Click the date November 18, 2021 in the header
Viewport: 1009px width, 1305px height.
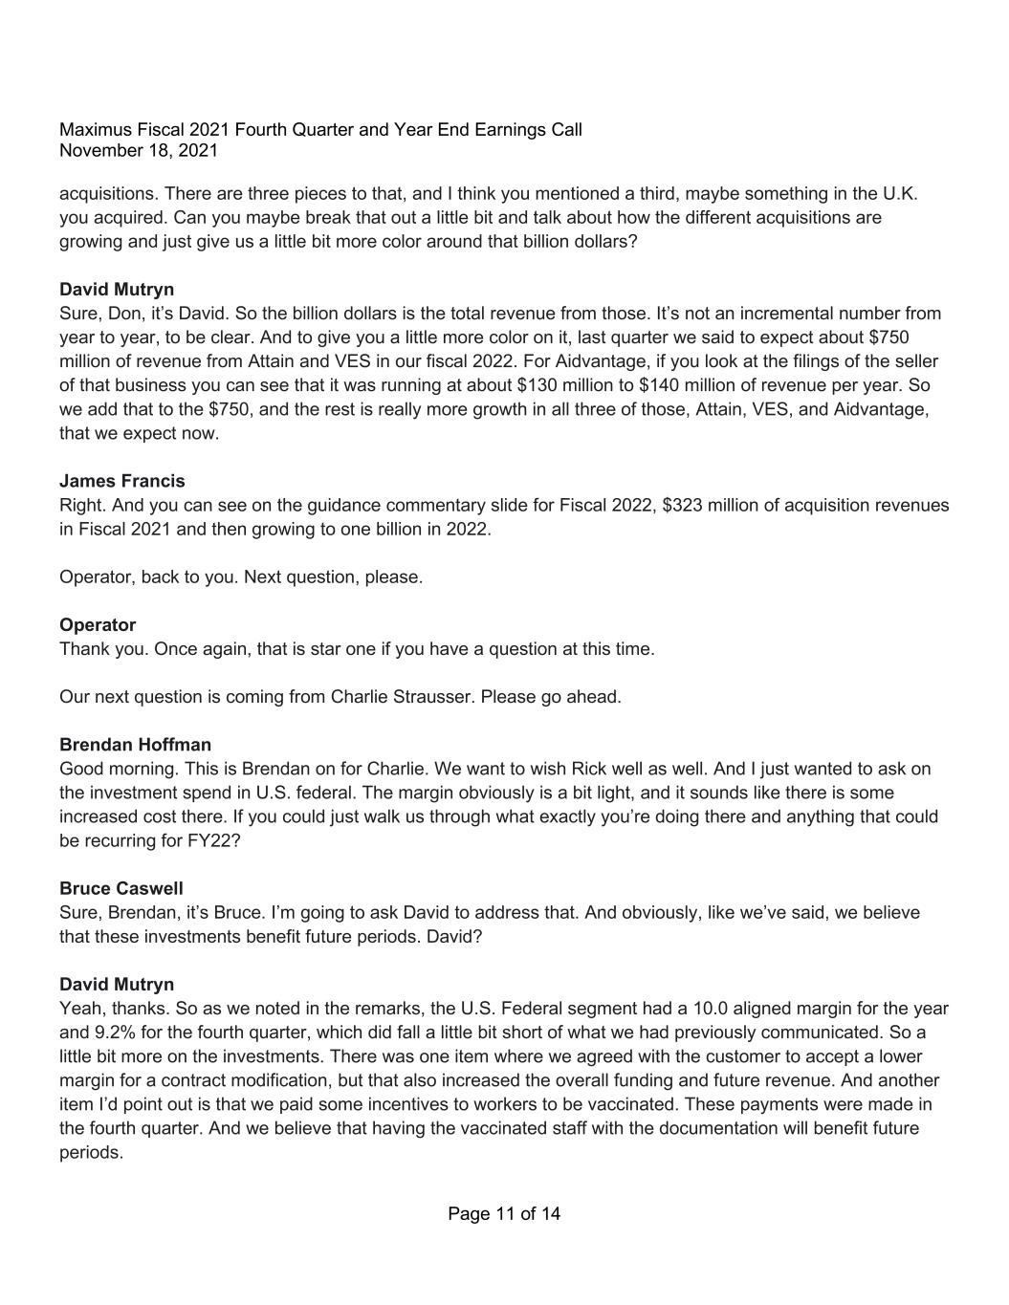click(x=139, y=151)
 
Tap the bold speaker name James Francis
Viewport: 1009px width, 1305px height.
click(x=122, y=481)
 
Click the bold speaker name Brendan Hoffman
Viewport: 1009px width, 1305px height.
click(x=135, y=745)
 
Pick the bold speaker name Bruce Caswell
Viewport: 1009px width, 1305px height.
click(x=121, y=888)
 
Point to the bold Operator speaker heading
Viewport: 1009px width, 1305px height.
click(x=98, y=625)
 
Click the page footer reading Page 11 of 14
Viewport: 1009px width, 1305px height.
click(x=504, y=1214)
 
